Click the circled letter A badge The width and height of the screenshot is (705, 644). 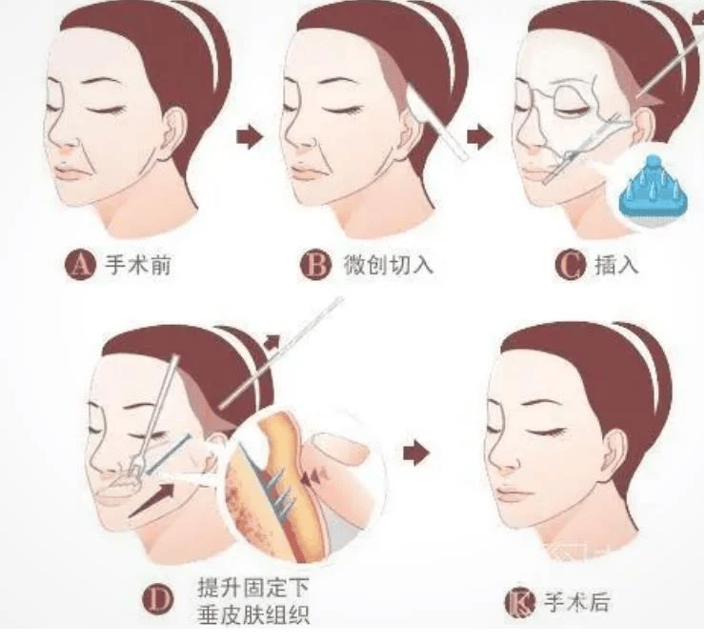[x=80, y=265]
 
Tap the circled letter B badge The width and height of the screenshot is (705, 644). [x=315, y=265]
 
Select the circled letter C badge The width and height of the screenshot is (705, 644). [x=570, y=265]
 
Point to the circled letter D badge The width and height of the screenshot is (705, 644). [x=157, y=599]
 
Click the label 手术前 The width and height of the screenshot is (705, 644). [x=138, y=265]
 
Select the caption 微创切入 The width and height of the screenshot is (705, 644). [x=388, y=265]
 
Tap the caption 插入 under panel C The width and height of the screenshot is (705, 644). [x=616, y=265]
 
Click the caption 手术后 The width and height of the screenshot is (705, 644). [x=576, y=602]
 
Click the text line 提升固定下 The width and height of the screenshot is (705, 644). [x=253, y=588]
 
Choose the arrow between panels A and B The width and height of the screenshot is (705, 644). [x=249, y=136]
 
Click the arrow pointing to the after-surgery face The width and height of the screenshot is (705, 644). [x=416, y=453]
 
